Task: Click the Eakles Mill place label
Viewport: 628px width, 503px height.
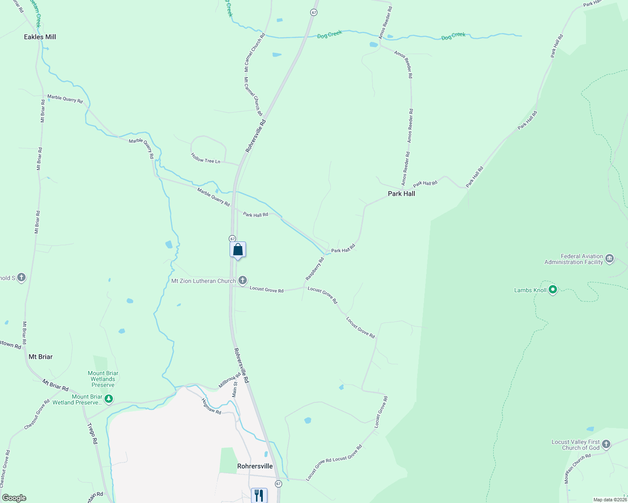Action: tap(40, 37)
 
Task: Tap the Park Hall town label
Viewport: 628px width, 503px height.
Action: tap(401, 194)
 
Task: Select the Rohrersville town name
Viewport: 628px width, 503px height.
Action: tap(255, 466)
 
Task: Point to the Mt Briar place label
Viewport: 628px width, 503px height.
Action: tap(41, 357)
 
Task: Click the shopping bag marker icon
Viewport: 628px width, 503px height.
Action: tap(238, 250)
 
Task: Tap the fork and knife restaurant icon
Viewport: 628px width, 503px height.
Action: tap(259, 495)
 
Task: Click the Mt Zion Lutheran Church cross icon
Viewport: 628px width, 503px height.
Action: tap(243, 280)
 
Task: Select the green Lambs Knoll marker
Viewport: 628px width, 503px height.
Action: tap(553, 289)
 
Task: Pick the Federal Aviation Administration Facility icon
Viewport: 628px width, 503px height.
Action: tap(610, 259)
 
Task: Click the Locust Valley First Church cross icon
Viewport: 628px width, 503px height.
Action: tap(606, 444)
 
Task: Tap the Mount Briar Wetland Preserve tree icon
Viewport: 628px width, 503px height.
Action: tap(109, 399)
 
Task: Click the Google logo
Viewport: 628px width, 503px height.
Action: tap(14, 498)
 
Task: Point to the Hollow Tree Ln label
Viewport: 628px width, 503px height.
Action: tap(206, 158)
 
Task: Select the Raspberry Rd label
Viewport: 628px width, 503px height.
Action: tap(315, 269)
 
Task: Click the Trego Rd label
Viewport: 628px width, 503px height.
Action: tap(92, 433)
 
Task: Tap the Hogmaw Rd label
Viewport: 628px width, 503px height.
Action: tap(211, 406)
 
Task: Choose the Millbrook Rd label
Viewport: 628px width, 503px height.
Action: tap(230, 380)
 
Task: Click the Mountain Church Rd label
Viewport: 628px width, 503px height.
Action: tap(577, 468)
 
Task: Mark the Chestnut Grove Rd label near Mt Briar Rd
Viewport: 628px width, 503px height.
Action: tap(37, 414)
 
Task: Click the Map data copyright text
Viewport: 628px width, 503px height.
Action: tap(610, 500)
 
